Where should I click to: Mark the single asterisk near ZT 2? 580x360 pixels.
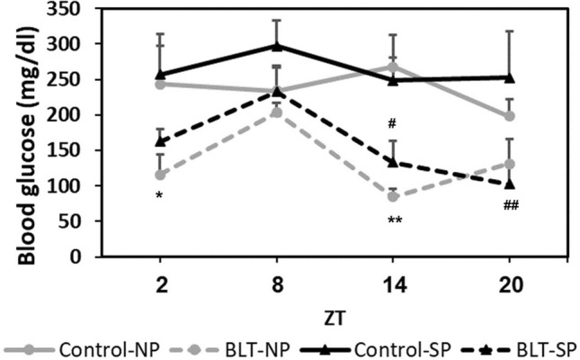159,196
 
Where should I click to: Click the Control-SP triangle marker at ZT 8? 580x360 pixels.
277,46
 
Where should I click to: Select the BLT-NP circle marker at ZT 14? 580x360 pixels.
393,196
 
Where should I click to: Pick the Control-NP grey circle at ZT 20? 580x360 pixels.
509,116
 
